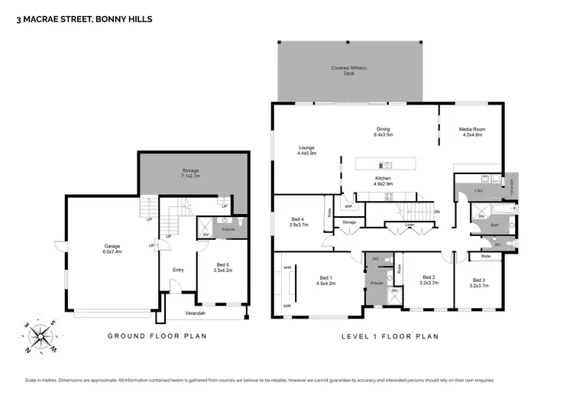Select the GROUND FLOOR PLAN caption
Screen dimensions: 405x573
coord(156,336)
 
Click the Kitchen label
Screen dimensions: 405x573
coord(383,180)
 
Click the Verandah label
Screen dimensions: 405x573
coord(196,313)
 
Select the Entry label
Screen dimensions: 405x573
coord(178,270)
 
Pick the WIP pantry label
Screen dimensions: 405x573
coord(348,206)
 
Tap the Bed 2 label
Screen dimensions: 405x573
coord(429,280)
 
